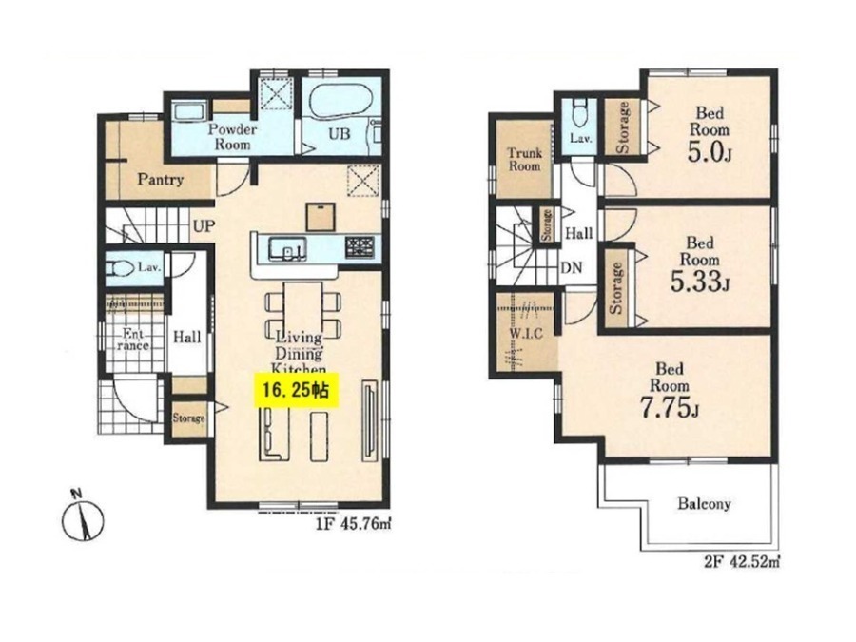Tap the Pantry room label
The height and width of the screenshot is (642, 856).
(x=160, y=179)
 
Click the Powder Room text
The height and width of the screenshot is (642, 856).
(x=233, y=137)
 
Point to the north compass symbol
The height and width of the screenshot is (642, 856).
(x=82, y=517)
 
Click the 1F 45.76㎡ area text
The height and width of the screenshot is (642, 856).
(x=353, y=525)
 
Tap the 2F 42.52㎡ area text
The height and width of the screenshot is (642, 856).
(x=741, y=561)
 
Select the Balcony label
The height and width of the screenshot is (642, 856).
(x=704, y=503)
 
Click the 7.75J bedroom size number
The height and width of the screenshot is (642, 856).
(x=670, y=408)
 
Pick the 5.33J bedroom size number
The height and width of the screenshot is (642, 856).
(x=700, y=282)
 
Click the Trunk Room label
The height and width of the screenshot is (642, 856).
(x=525, y=160)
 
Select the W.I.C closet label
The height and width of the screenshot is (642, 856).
(x=526, y=333)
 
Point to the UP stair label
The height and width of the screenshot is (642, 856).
(x=204, y=226)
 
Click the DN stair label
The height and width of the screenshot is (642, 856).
(x=572, y=268)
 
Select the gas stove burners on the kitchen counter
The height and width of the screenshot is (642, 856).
(x=360, y=246)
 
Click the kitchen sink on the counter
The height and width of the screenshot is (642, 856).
(x=287, y=248)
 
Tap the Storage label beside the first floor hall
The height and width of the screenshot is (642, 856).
(x=189, y=418)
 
